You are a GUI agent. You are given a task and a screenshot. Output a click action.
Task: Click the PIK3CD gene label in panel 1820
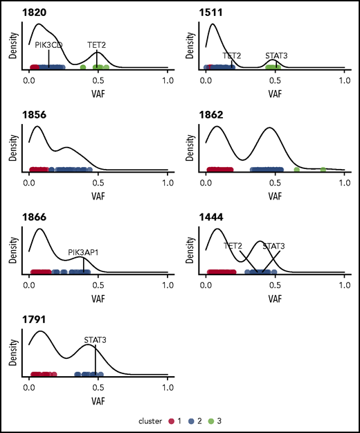[49, 44]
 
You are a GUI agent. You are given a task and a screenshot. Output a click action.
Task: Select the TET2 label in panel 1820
[97, 44]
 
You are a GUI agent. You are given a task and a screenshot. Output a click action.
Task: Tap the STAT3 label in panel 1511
[276, 55]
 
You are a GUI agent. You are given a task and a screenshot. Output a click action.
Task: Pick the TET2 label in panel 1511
[232, 55]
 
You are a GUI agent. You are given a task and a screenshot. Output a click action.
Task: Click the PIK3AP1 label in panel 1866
[83, 253]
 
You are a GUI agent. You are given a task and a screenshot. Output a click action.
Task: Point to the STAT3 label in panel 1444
[273, 245]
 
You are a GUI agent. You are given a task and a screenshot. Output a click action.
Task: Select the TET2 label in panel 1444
[233, 245]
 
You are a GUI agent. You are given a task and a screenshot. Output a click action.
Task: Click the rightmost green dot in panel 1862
[323, 170]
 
